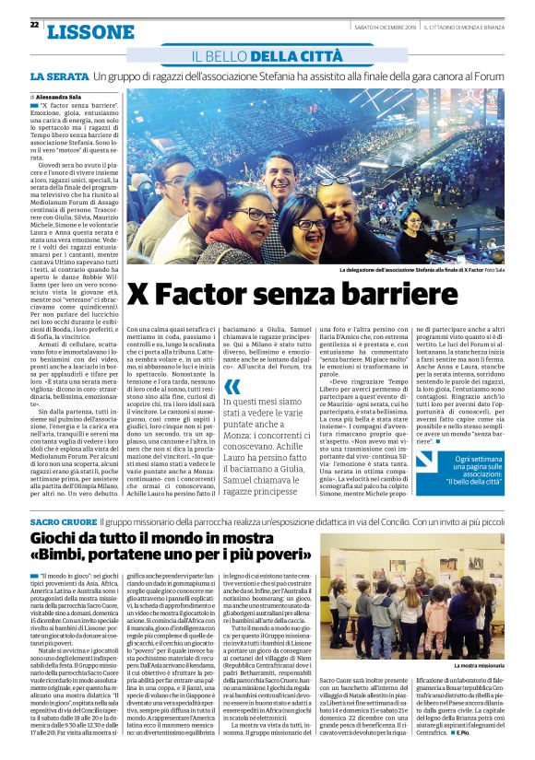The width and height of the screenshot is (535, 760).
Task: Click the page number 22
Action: (x=34, y=25)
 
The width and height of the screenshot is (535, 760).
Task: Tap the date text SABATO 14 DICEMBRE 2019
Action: (x=386, y=26)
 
